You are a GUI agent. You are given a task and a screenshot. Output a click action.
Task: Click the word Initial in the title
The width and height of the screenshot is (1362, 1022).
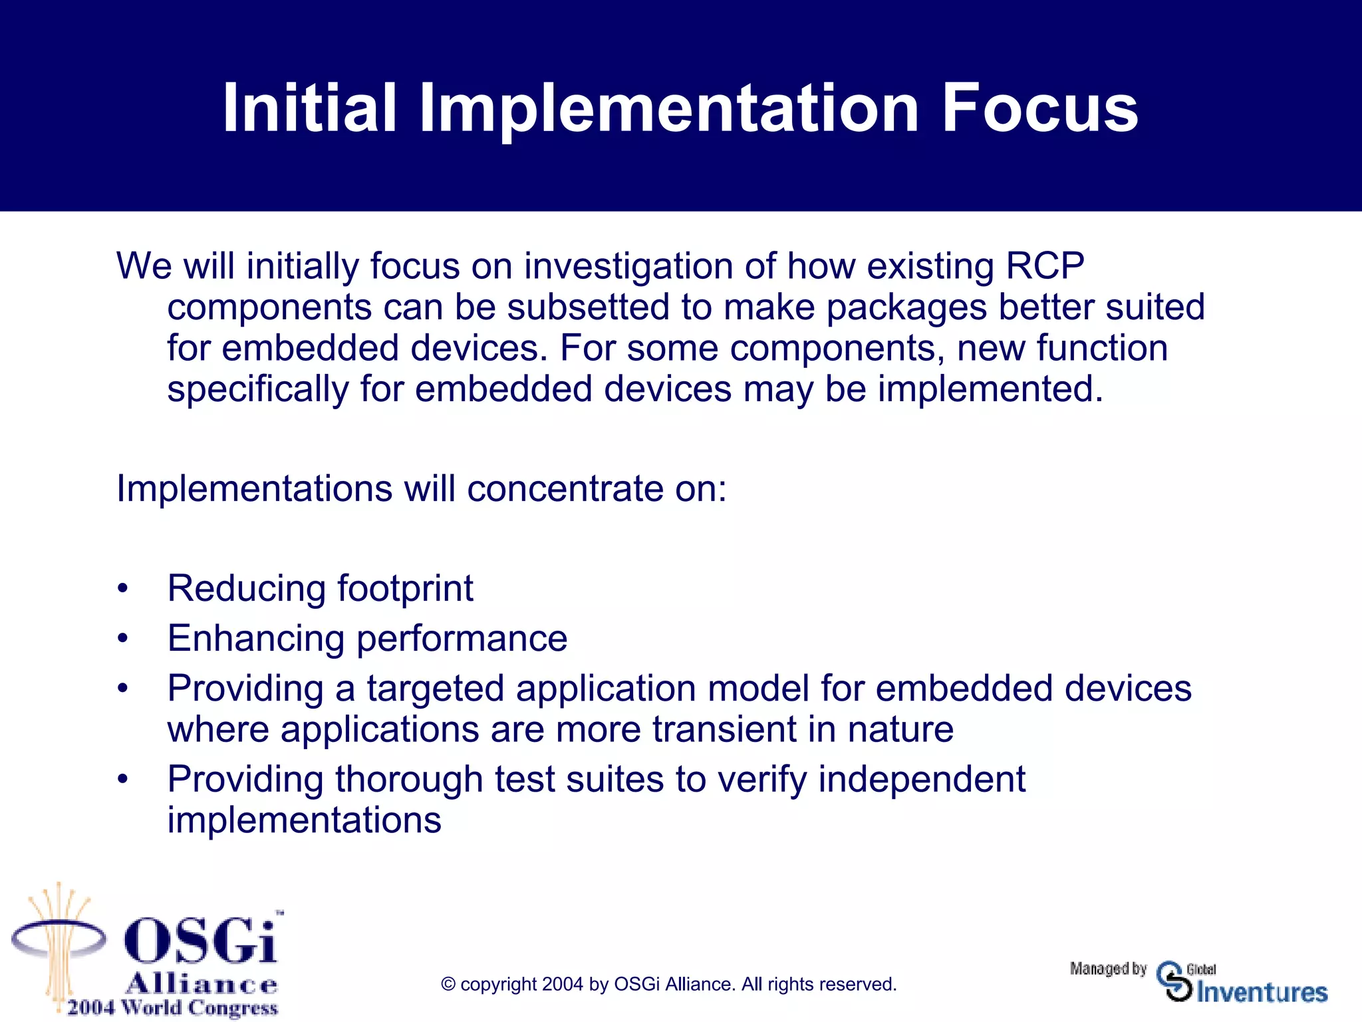click(309, 108)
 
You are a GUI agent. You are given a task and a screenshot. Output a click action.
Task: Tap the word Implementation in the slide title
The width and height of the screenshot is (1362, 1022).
click(668, 108)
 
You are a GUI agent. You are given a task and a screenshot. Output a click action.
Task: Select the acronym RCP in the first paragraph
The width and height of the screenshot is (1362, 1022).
click(1045, 266)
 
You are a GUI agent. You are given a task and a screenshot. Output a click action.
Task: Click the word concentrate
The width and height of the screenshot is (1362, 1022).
click(565, 489)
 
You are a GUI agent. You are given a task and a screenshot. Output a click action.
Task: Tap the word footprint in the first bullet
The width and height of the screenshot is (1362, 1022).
click(405, 589)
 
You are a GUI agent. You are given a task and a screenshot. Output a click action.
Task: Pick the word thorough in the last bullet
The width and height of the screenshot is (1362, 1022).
click(408, 779)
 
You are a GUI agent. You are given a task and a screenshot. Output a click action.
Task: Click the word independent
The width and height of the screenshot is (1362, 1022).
click(921, 779)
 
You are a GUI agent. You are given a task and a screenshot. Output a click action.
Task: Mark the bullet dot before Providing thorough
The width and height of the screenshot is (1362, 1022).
click(122, 779)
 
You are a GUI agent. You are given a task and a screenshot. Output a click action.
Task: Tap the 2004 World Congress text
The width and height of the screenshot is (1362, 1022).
click(172, 1007)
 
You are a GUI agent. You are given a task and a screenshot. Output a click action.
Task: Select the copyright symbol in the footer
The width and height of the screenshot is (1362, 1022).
click(448, 985)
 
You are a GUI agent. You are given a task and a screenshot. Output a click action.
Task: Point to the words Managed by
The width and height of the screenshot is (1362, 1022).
click(1108, 969)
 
